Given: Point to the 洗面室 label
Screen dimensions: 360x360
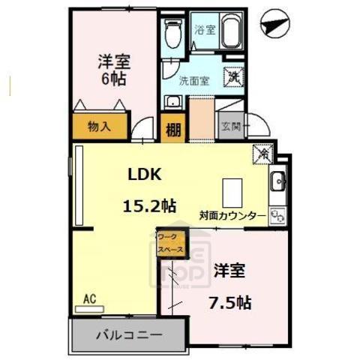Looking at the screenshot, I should (194, 81).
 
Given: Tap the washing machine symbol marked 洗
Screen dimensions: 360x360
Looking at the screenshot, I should (235, 76).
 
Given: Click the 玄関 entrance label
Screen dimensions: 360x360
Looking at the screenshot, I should (230, 127).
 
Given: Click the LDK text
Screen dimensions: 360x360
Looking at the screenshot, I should (144, 174).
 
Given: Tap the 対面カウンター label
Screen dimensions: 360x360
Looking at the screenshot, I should (231, 215).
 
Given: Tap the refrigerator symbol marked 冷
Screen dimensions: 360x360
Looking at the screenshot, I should (263, 152).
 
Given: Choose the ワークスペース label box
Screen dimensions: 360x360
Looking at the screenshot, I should (166, 245).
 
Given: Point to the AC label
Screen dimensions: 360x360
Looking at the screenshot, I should (90, 299).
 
